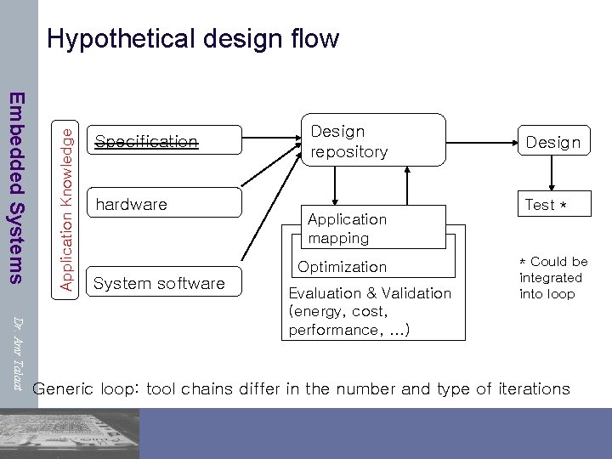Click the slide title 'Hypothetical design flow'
(x=193, y=39)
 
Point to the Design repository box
(x=372, y=141)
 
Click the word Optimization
(x=342, y=267)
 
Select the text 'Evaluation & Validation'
(x=370, y=293)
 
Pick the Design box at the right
(x=552, y=142)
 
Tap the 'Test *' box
(x=552, y=204)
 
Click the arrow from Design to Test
(x=553, y=175)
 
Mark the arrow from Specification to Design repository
(x=268, y=135)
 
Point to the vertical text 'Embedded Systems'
(x=17, y=187)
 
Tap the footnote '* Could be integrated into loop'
(x=552, y=278)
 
